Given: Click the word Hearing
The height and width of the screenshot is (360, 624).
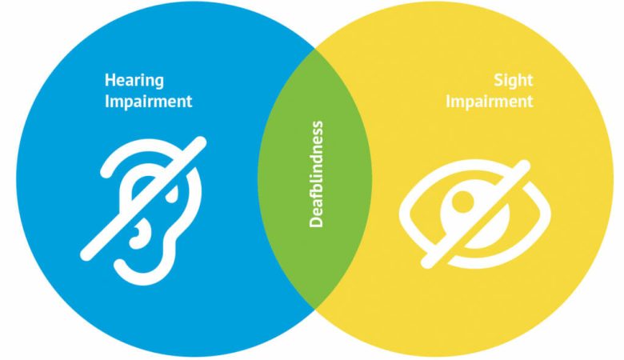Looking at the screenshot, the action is click(134, 81).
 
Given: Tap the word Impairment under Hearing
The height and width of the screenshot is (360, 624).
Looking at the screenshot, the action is click(149, 101).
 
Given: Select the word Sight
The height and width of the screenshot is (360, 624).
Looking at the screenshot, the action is click(513, 81).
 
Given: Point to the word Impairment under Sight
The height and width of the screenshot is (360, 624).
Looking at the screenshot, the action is click(489, 101).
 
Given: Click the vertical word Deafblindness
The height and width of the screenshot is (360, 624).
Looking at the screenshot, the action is click(316, 174).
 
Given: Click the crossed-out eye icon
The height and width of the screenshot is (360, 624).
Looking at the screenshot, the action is click(475, 214).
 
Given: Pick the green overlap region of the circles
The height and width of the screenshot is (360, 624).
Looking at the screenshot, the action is click(314, 178).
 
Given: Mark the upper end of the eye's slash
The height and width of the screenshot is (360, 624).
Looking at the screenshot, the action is click(525, 166).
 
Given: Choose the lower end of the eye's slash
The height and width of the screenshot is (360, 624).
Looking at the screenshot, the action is click(426, 262).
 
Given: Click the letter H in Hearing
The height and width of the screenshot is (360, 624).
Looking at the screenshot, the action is click(110, 80).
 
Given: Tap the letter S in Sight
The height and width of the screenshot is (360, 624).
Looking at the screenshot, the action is click(498, 80).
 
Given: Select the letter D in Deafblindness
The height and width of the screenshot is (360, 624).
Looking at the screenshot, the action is click(316, 221).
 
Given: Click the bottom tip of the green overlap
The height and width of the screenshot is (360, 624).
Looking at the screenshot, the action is click(315, 309).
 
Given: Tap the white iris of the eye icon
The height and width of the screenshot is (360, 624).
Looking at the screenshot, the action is click(475, 215).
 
